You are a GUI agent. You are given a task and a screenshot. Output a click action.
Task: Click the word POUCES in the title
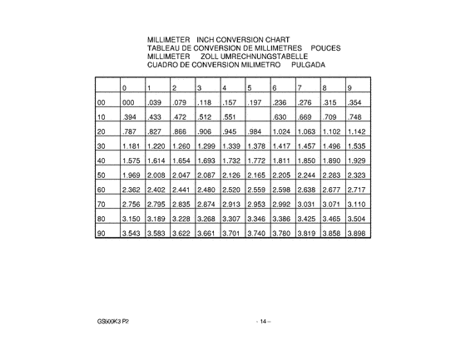325,47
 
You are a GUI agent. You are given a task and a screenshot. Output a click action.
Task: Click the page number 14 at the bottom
262,322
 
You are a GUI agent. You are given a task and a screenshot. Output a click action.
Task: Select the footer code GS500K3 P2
112,322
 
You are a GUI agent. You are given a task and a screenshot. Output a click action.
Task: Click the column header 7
299,87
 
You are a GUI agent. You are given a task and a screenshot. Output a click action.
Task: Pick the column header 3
198,87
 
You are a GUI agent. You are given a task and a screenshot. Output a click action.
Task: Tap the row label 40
102,160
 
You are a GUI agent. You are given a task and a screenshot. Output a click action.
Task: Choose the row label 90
102,234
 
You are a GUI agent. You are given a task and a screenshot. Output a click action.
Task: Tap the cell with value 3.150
130,219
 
